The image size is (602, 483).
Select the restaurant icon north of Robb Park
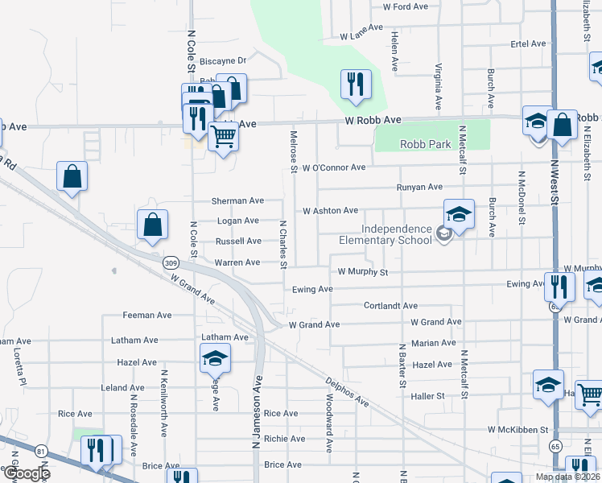pyautogui.click(x=355, y=84)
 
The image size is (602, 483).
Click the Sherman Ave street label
pyautogui.click(x=237, y=200)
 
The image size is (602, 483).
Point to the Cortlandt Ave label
pyautogui.click(x=390, y=306)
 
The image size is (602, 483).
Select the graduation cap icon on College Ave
pyautogui.click(x=215, y=358)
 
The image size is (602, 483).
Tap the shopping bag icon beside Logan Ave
pyautogui.click(x=152, y=226)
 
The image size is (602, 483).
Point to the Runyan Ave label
pyautogui.click(x=419, y=187)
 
